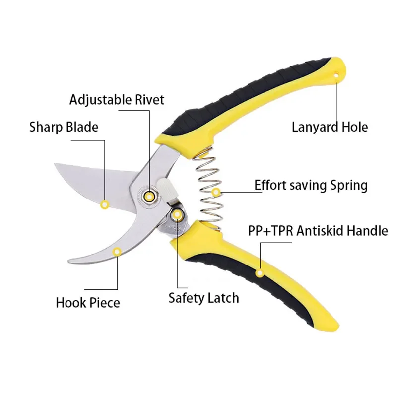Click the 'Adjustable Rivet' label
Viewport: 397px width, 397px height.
(x=117, y=99)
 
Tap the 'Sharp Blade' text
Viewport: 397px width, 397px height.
(x=64, y=127)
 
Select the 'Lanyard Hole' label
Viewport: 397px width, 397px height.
(x=330, y=127)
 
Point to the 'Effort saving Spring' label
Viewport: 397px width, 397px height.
(x=311, y=186)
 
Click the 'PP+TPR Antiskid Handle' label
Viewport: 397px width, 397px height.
(x=318, y=230)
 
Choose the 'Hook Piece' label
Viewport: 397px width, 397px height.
(x=88, y=302)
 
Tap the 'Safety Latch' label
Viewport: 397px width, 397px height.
(x=203, y=298)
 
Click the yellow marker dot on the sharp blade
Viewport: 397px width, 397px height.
(x=105, y=203)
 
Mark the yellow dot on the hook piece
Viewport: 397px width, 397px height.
(x=117, y=252)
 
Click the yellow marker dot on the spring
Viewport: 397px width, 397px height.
(x=216, y=192)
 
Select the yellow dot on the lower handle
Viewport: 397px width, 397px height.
(x=259, y=272)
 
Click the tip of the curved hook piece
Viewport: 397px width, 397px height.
(x=69, y=262)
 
